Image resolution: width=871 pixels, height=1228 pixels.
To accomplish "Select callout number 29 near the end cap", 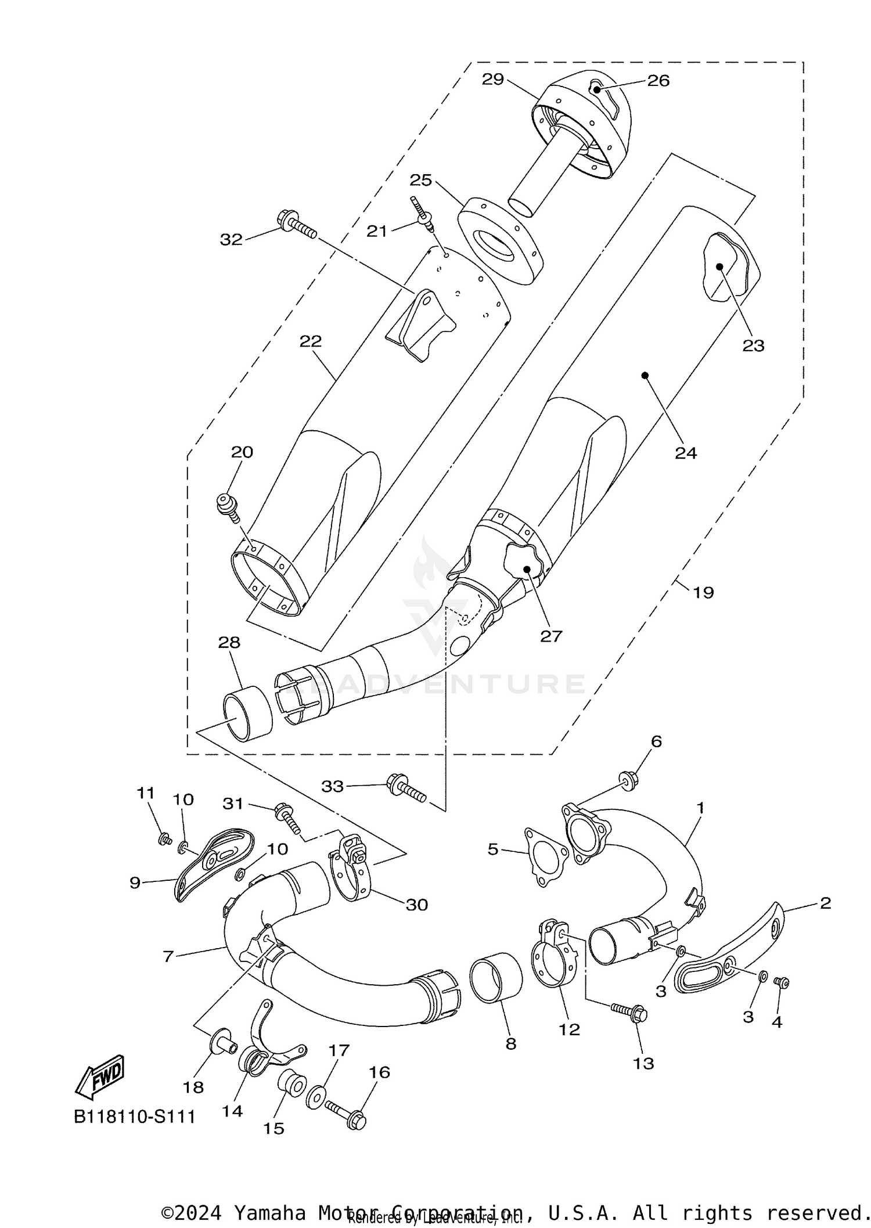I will tap(492, 80).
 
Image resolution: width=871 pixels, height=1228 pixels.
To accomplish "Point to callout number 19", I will tap(703, 592).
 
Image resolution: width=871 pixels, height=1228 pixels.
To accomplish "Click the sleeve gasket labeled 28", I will tap(247, 712).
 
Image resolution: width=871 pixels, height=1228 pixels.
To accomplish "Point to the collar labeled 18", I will tap(223, 1047).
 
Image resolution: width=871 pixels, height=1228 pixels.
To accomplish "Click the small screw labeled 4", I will tap(782, 982).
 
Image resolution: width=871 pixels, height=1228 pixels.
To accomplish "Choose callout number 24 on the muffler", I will tap(685, 452).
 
